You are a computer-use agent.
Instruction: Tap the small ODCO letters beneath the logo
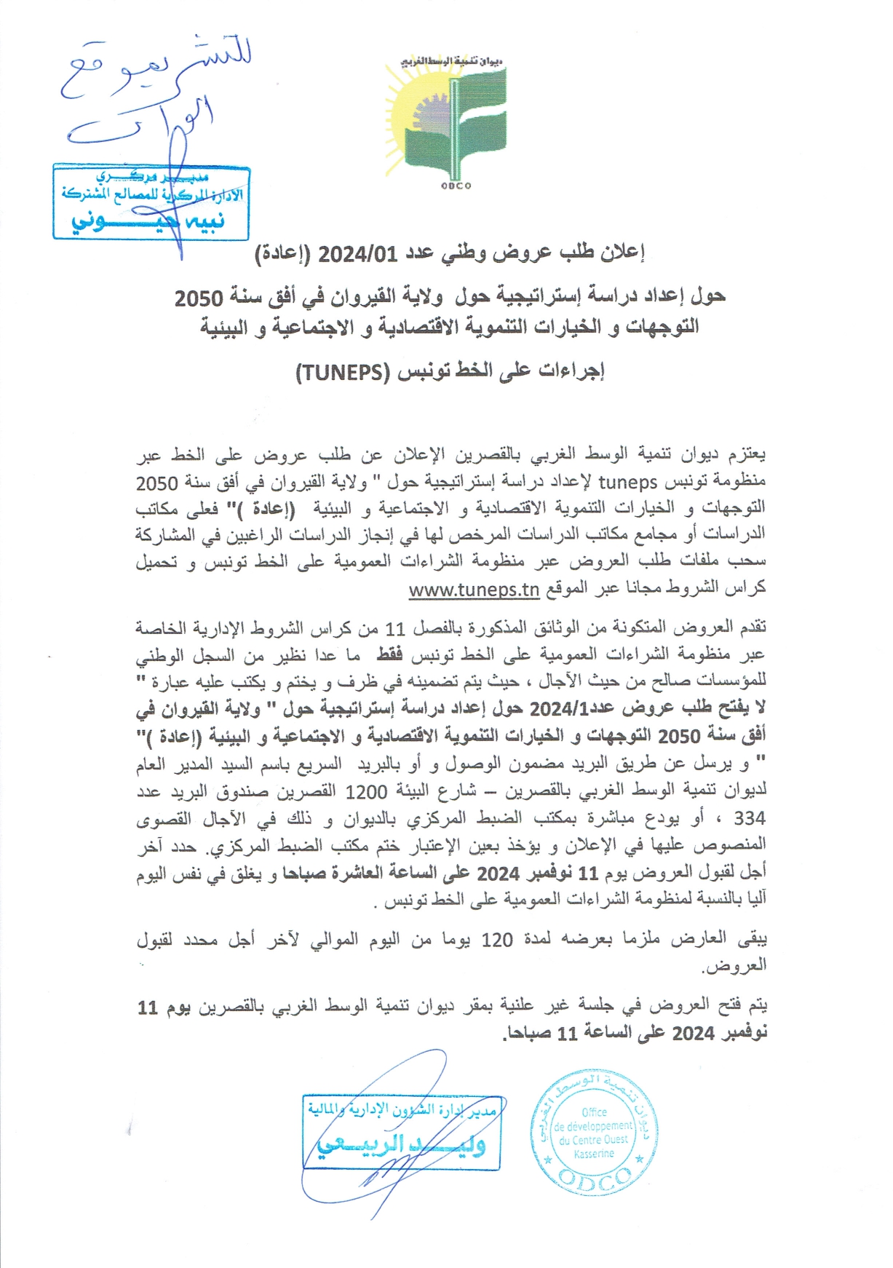coord(456,186)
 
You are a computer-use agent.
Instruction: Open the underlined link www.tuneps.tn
coord(474,590)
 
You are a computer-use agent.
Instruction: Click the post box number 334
coord(750,818)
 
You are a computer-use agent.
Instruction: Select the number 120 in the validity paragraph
coord(497,940)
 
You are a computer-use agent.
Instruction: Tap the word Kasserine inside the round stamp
coord(594,1153)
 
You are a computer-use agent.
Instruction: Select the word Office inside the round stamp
coord(594,1112)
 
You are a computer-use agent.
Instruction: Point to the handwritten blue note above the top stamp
coord(156,91)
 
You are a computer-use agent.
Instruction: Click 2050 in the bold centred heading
coord(199,298)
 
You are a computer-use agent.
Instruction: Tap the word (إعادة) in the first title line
coord(282,253)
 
